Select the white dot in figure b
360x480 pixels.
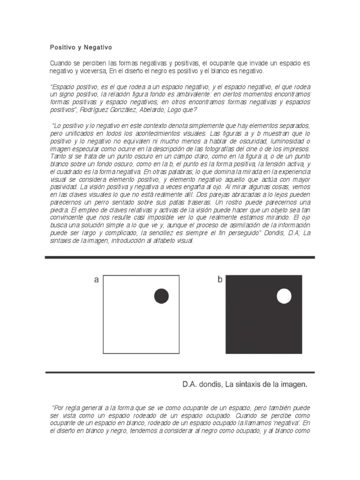pos(284,296)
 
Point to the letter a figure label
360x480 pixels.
pos(97,280)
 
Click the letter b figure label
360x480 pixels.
pos(219,280)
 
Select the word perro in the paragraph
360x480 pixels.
pos(96,202)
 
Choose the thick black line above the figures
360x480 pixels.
pos(180,257)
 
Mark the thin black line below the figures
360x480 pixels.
pos(180,373)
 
